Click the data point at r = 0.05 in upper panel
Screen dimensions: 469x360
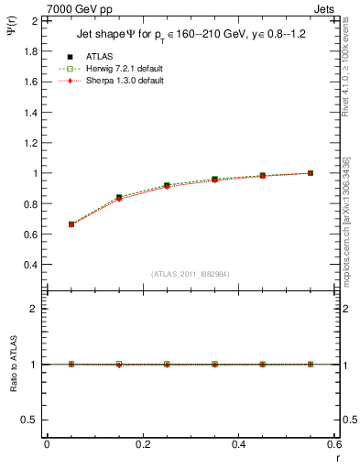pos(71,224)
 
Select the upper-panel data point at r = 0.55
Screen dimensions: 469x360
pos(311,172)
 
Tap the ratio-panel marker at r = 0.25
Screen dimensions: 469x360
pos(167,364)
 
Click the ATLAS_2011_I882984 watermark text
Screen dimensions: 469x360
pos(191,274)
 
